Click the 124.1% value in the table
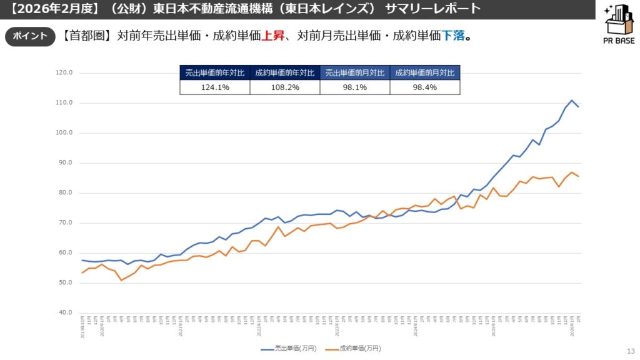point(215,87)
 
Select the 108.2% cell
point(285,87)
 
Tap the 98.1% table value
point(355,87)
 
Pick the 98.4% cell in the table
point(425,87)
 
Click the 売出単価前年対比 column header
point(215,72)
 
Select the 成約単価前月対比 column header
point(425,72)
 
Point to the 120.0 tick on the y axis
point(64,72)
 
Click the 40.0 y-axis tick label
point(64,312)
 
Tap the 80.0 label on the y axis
point(64,192)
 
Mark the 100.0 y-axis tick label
point(64,132)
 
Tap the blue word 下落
point(454,36)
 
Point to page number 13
point(629,351)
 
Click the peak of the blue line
point(572,100)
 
